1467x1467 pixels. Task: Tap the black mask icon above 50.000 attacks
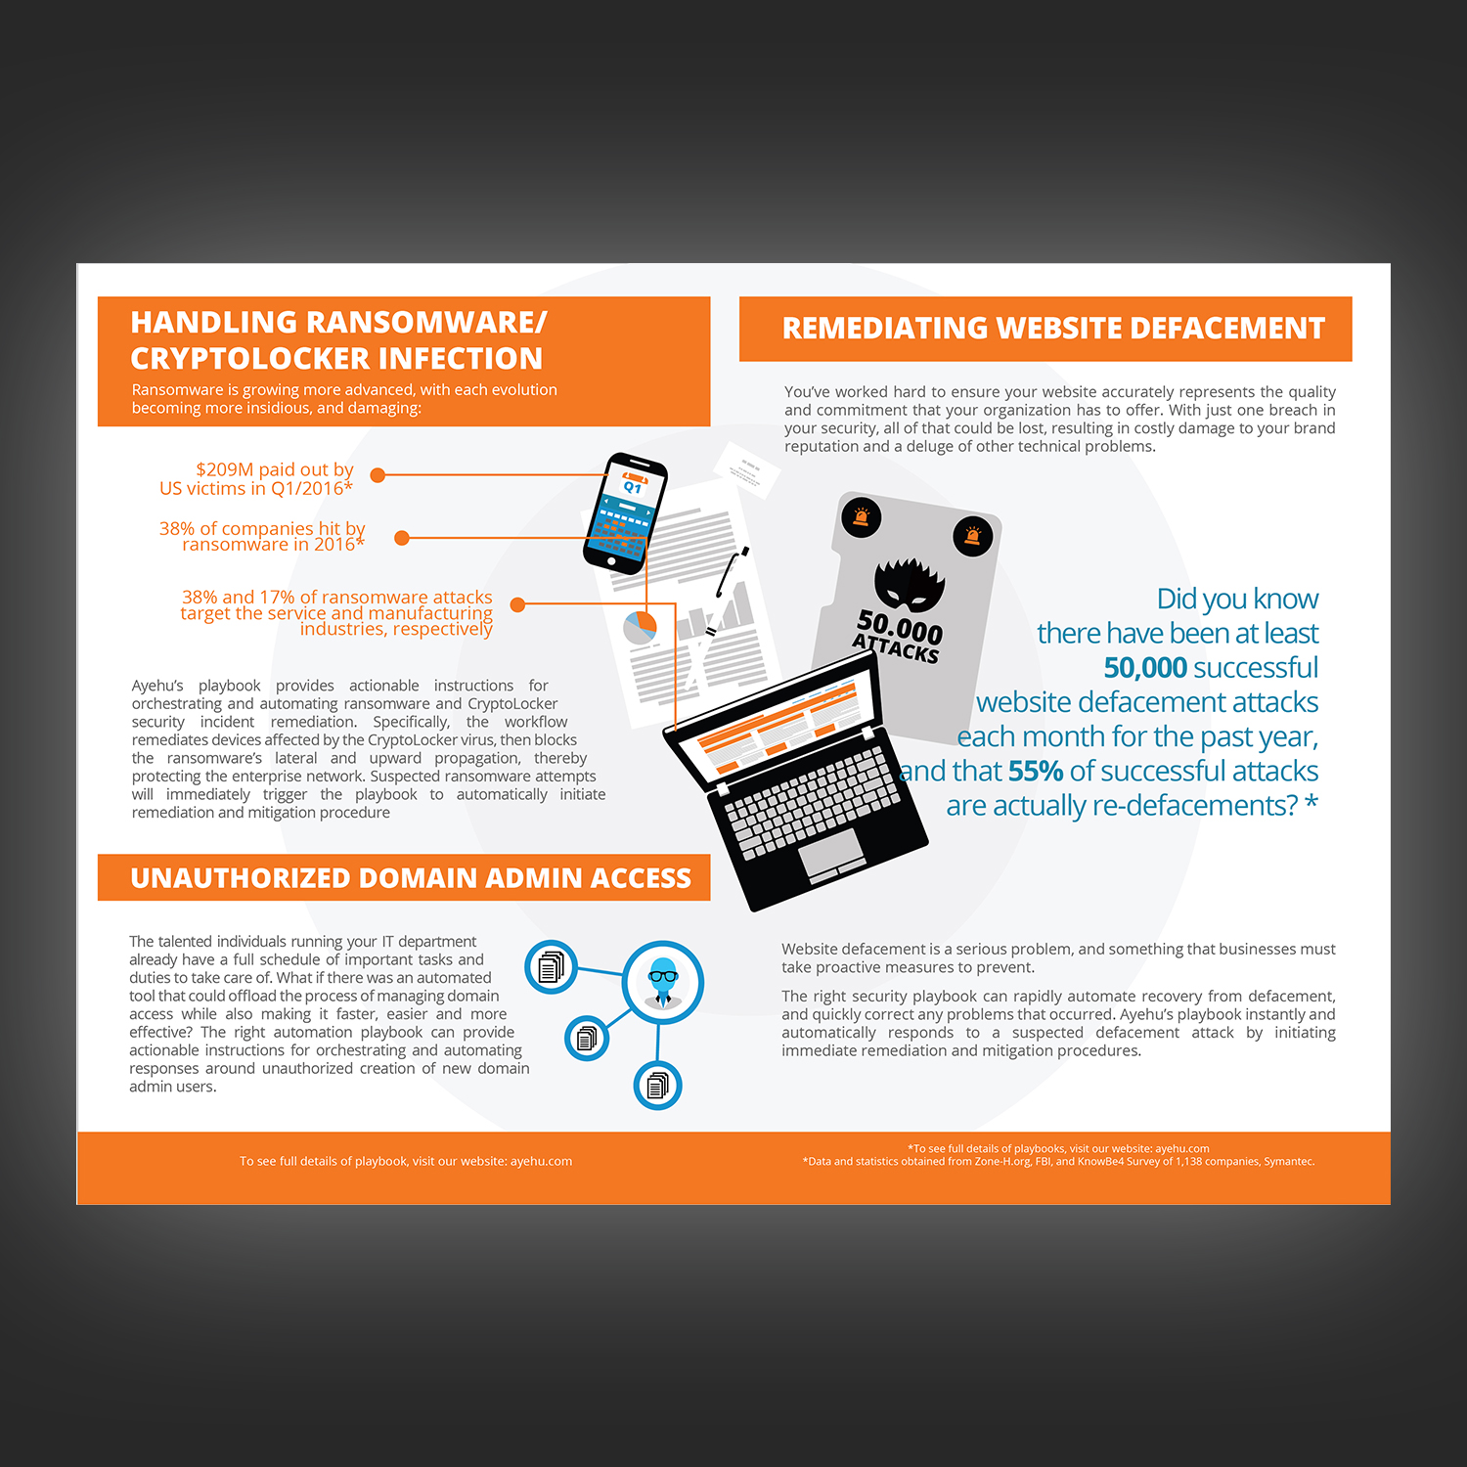(x=909, y=584)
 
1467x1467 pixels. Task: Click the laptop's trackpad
(x=831, y=851)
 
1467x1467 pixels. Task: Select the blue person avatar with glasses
(x=663, y=981)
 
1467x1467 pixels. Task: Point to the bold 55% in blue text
(x=1035, y=772)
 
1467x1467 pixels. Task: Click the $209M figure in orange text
(x=224, y=470)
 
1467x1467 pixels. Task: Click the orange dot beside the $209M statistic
(x=378, y=475)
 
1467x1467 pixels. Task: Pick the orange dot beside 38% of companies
(x=401, y=538)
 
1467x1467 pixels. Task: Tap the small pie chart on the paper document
(x=641, y=627)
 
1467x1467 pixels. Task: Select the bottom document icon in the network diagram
(x=657, y=1086)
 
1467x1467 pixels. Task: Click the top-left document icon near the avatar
(x=551, y=967)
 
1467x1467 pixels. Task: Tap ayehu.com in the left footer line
(x=541, y=1162)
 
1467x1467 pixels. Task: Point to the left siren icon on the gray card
(x=861, y=516)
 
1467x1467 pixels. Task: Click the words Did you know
(x=1237, y=599)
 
